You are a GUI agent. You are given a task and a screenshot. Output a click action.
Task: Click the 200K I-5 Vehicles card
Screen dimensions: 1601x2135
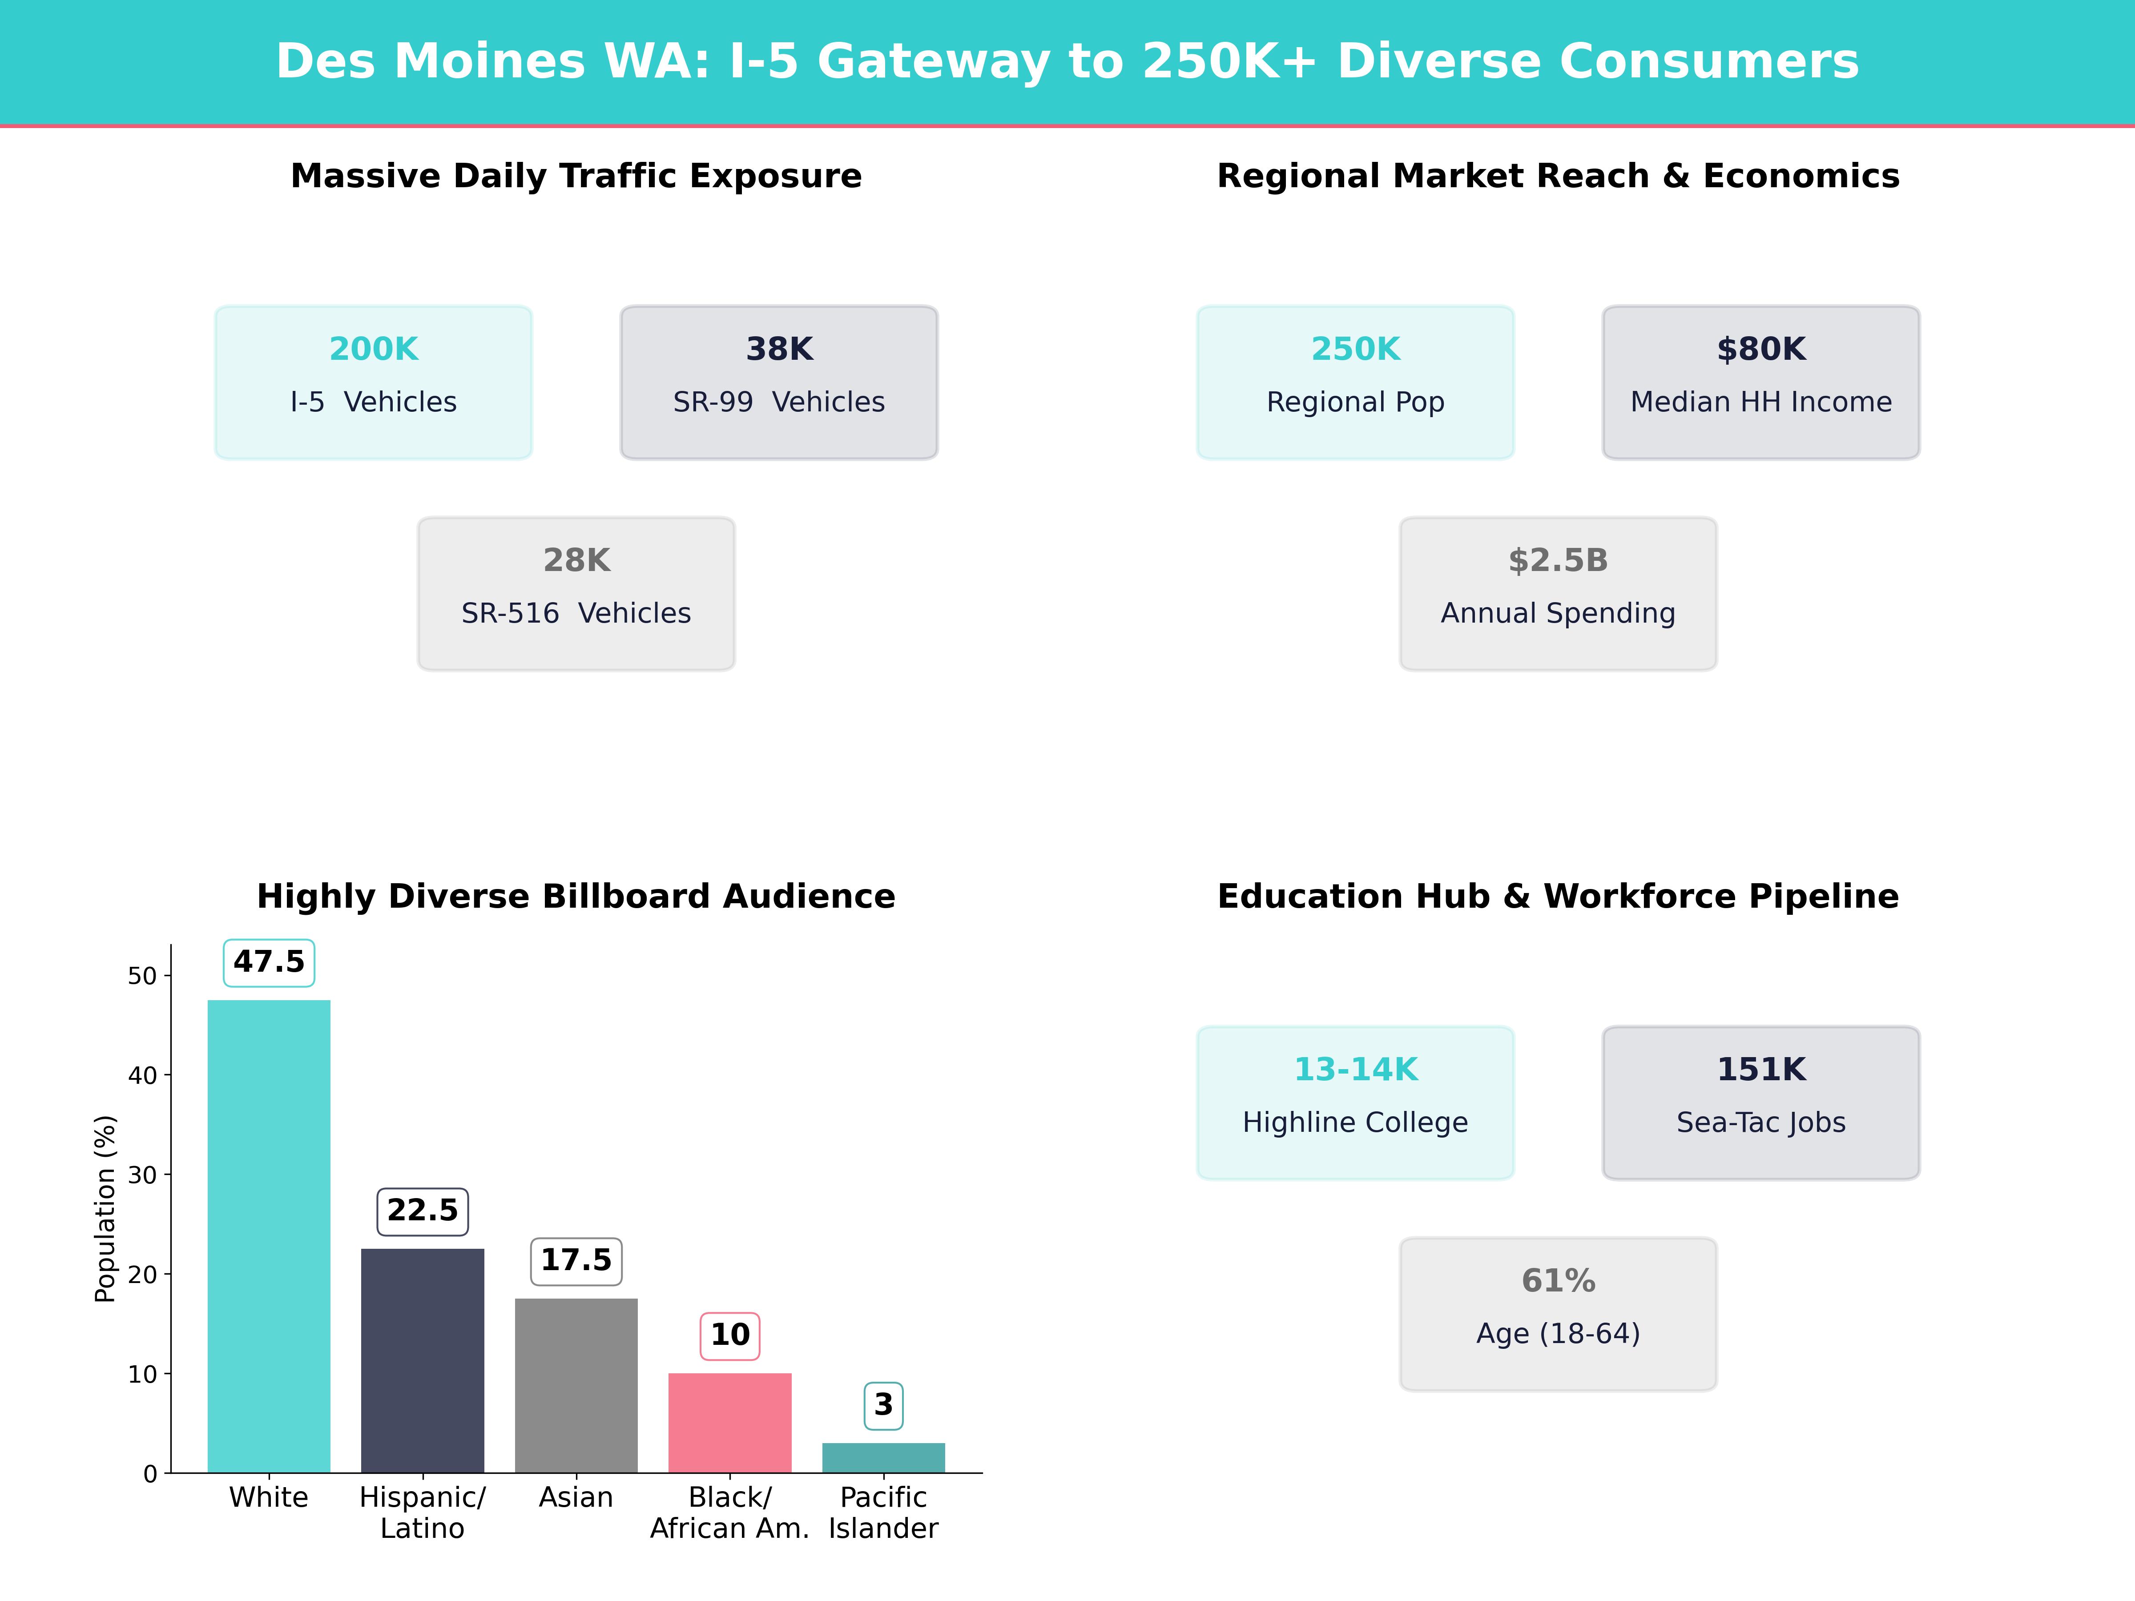[374, 382]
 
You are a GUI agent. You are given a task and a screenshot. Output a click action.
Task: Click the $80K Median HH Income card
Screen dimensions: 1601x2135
[1760, 382]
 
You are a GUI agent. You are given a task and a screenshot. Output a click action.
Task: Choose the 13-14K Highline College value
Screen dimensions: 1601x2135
[1355, 1069]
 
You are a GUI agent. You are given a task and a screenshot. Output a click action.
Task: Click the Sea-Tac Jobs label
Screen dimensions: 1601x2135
[1760, 1122]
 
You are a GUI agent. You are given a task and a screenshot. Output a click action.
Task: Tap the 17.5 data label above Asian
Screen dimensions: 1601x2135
[576, 1260]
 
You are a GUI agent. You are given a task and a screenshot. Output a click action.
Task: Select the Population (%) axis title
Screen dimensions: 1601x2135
[104, 1208]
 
